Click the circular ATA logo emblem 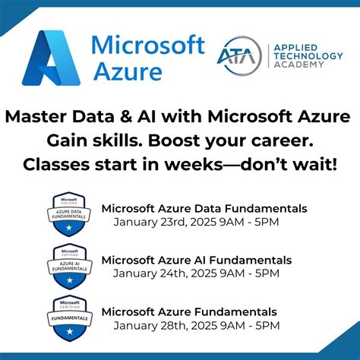tap(236, 55)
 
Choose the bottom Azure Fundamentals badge tap(71, 317)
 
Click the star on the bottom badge tap(71, 332)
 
